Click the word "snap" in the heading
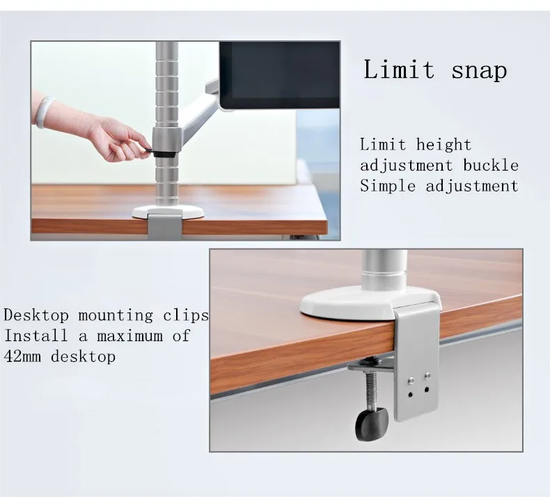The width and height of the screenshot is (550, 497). tap(479, 71)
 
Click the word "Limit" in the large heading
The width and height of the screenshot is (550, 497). tap(399, 69)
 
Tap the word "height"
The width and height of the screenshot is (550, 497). tap(443, 145)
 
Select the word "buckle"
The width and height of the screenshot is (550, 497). tap(491, 166)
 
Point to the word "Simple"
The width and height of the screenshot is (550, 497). tap(388, 187)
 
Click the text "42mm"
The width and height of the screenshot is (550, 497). tap(22, 357)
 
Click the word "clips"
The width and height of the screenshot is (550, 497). tap(186, 315)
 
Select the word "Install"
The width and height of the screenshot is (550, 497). tap(36, 336)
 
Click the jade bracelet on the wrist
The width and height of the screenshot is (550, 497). tap(44, 112)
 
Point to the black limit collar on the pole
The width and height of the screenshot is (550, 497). tap(164, 154)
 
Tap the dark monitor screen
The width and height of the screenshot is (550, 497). tap(280, 75)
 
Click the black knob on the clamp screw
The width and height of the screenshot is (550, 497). tap(372, 424)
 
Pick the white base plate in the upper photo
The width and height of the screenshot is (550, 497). tap(168, 212)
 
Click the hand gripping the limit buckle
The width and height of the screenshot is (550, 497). tap(118, 140)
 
